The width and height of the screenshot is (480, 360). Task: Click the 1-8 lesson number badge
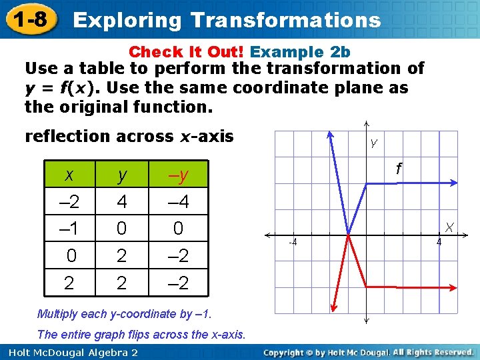(29, 19)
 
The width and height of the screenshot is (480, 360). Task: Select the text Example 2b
(300, 52)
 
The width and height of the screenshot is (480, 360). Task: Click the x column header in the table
(69, 175)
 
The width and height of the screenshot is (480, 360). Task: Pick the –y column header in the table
(178, 175)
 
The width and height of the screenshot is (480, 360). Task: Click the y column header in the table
(122, 175)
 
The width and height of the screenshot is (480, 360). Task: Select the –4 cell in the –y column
(178, 201)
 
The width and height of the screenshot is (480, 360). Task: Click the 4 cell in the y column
(122, 201)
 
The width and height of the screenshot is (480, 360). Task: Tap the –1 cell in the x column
(69, 229)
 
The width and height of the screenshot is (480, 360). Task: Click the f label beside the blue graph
(399, 169)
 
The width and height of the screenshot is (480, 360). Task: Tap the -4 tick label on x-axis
(292, 243)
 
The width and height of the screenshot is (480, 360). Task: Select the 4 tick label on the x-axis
(438, 243)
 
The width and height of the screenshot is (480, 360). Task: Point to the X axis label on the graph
(450, 227)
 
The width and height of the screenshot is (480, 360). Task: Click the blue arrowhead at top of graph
(331, 133)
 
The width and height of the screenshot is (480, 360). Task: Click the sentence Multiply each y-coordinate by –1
(123, 313)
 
